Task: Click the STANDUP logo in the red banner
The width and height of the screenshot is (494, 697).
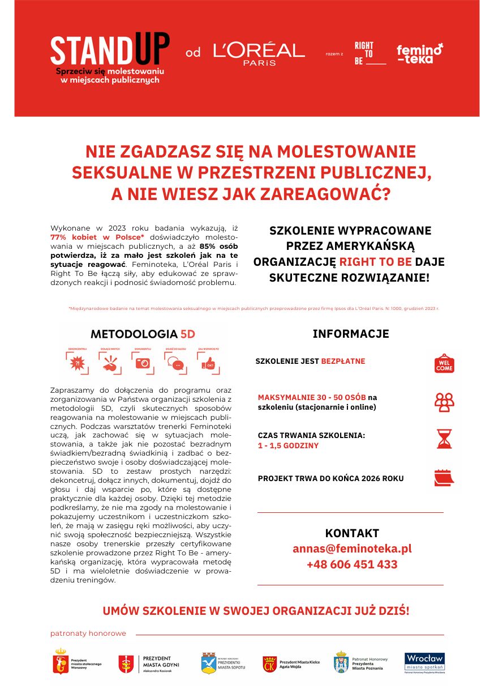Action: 109,58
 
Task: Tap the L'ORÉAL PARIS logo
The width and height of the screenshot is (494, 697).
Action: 259,53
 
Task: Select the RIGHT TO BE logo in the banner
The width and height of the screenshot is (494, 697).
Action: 368,53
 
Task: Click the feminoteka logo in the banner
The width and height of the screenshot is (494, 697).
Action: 419,53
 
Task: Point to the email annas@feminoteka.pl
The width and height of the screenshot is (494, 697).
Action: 351,549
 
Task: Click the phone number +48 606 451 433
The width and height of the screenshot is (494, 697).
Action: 351,564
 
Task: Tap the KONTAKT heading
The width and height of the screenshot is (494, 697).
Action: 351,533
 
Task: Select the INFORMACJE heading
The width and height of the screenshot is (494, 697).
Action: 351,334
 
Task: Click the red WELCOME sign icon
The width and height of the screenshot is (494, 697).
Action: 444,364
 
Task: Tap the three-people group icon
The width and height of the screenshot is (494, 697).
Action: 444,402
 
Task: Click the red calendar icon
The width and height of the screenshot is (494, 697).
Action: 444,478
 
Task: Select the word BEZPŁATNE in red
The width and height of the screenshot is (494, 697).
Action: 343,361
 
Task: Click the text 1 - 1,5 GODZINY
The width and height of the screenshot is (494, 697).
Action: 288,445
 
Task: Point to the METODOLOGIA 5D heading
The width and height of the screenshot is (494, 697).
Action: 143,333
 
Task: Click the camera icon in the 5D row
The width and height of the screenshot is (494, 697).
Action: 143,363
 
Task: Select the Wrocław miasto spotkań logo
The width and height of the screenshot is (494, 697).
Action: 424,662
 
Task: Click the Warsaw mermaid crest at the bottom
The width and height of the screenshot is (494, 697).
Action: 60,662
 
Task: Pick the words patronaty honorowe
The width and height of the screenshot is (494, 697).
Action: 88,634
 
